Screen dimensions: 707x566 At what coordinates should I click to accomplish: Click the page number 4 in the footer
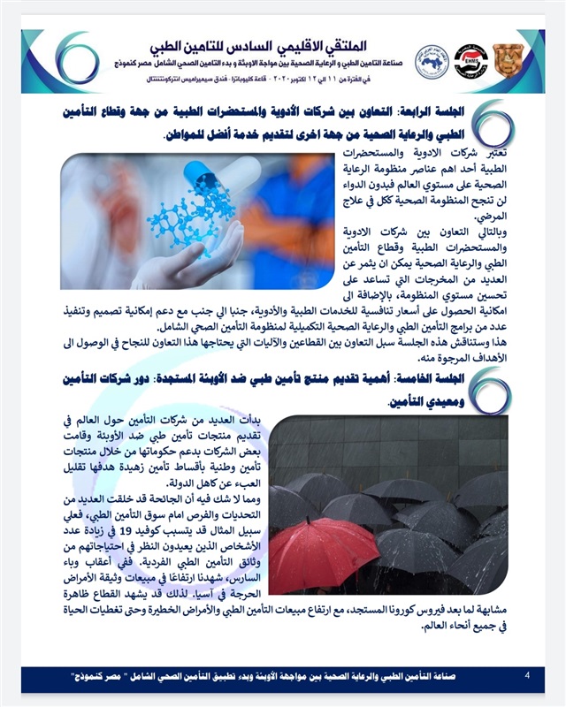tap(527, 676)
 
